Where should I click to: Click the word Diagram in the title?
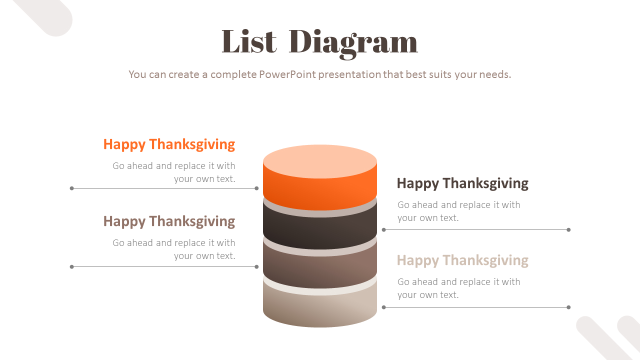[353, 42]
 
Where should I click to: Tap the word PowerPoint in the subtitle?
[287, 74]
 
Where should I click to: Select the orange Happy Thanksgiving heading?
[169, 144]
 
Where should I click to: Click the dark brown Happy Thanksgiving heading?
[462, 183]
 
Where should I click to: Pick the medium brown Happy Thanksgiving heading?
[169, 221]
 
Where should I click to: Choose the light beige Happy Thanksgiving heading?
[462, 260]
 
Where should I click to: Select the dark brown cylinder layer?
[320, 230]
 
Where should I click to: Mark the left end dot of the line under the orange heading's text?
[72, 188]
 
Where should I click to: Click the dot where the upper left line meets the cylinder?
[256, 188]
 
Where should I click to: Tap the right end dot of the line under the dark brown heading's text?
[568, 230]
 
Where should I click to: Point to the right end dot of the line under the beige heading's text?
[568, 307]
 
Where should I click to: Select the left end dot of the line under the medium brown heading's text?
[72, 267]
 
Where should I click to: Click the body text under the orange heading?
[173, 172]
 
